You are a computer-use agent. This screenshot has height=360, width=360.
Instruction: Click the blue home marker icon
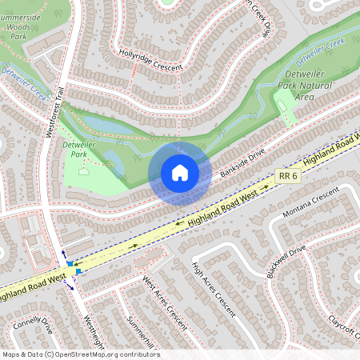tap(180, 172)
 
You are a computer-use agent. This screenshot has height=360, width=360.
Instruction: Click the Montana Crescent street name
tap(311, 205)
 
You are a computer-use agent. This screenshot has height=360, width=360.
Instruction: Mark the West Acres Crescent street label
tap(164, 303)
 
